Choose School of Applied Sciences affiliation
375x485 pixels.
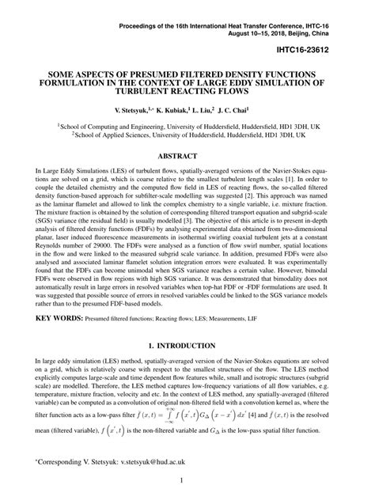click(x=108, y=135)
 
